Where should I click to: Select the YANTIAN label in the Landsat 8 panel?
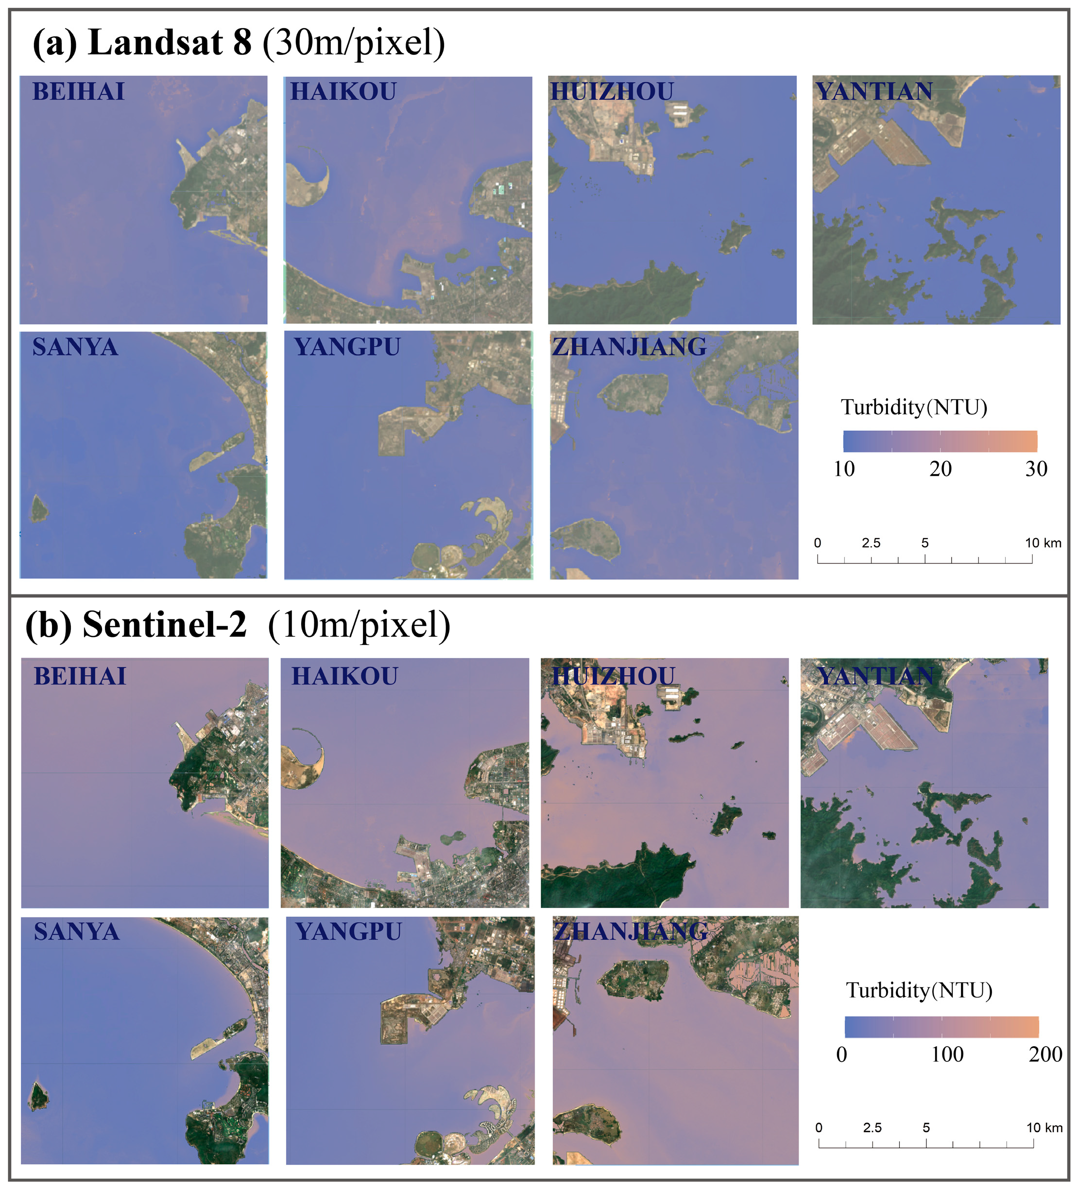[x=874, y=91]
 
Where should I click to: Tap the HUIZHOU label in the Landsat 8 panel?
[x=612, y=91]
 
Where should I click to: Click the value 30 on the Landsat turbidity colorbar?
[x=1036, y=469]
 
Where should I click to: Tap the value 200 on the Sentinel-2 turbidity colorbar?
[x=1045, y=1054]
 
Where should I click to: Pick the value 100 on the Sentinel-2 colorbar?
[x=947, y=1054]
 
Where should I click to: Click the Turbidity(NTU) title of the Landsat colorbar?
[x=913, y=407]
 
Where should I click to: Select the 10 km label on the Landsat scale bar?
[x=1043, y=543]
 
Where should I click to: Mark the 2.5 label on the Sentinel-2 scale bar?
[x=872, y=1128]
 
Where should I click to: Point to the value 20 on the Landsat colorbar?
[x=941, y=469]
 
